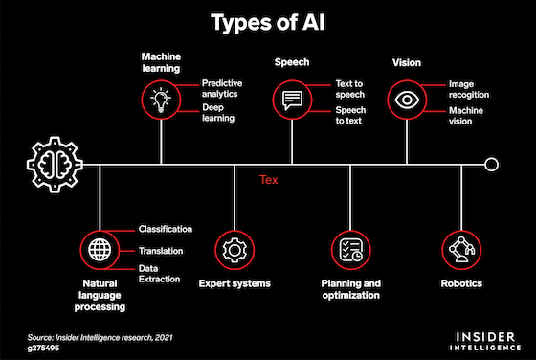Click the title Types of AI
point(268,23)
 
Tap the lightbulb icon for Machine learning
point(161,100)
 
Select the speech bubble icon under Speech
point(292,101)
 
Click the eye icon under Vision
point(407,100)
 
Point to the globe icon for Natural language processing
point(100,250)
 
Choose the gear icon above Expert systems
point(234,250)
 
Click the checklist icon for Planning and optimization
point(350,250)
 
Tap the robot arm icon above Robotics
point(461,249)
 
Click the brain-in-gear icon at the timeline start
point(55,165)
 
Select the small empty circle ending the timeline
point(491,165)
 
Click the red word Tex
point(269,180)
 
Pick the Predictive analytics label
point(222,88)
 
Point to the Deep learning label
point(218,113)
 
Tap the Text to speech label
point(349,89)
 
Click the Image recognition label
point(469,90)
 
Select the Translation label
point(161,251)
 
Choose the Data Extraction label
point(159,274)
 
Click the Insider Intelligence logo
point(485,341)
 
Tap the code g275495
point(43,349)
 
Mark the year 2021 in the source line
point(164,338)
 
